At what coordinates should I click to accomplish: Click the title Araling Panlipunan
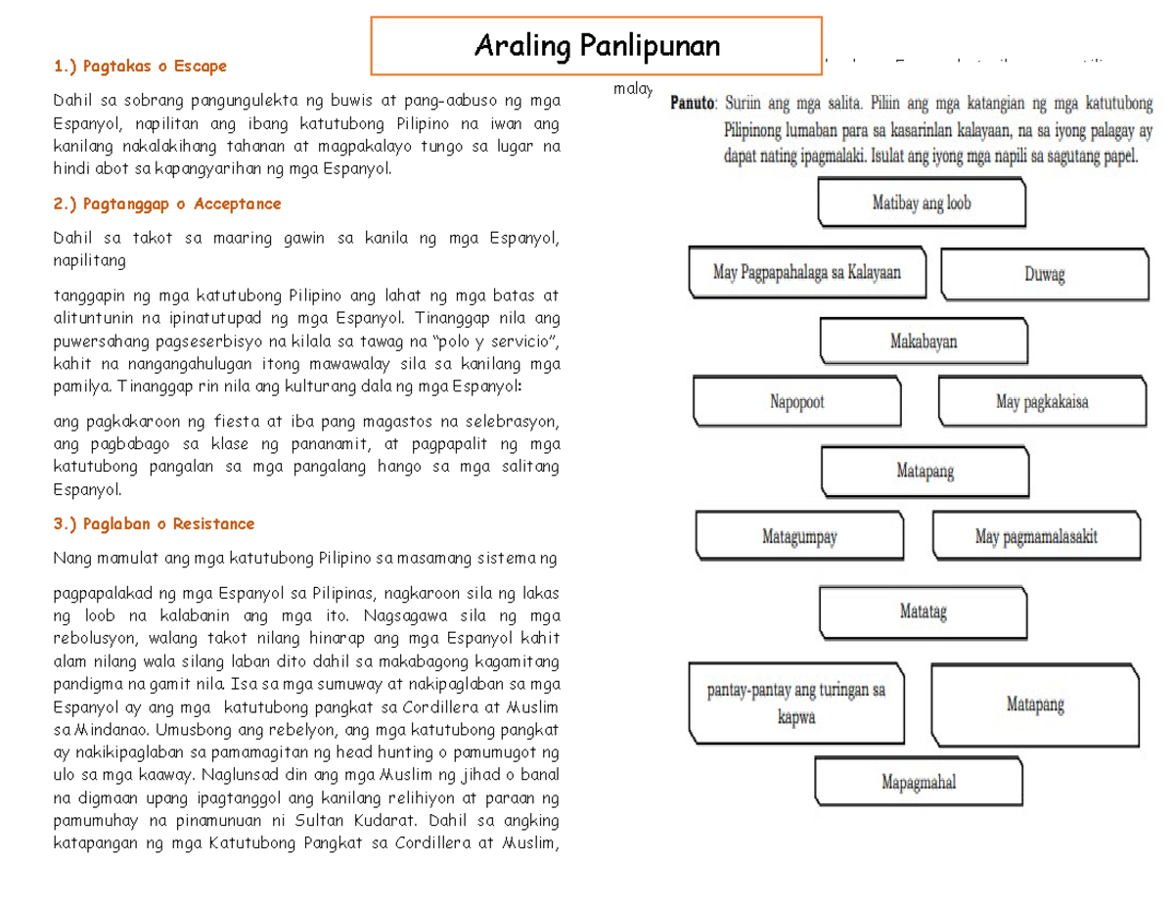tap(596, 45)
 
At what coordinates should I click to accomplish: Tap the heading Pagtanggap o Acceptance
tap(167, 204)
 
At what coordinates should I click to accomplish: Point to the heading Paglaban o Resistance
tap(155, 523)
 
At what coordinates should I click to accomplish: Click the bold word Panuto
tap(693, 103)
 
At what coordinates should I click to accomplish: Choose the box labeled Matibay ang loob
tap(921, 204)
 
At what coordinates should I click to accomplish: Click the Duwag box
tap(1044, 275)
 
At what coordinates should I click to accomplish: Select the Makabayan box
tap(923, 341)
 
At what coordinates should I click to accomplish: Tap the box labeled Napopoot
tap(796, 402)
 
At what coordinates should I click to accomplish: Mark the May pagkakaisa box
tap(1041, 401)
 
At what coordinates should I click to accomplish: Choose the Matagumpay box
tap(799, 536)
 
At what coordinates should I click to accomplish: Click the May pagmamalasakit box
tap(1036, 536)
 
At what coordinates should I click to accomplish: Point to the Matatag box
tap(923, 612)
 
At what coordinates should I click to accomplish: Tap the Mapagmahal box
tap(918, 782)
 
